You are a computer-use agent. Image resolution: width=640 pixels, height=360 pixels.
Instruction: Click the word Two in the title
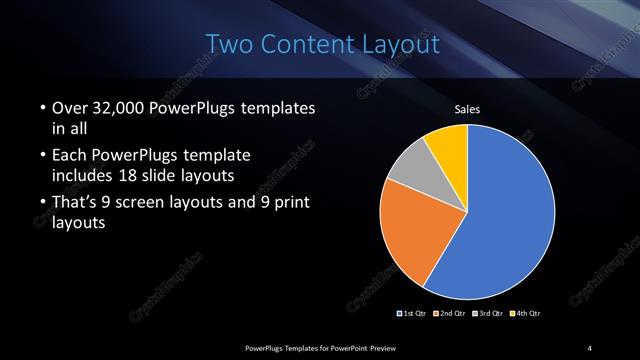tap(229, 44)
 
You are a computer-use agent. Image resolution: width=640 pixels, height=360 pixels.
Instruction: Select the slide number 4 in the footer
tap(590, 347)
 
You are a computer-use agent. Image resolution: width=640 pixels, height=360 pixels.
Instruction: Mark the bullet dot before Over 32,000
tap(41, 108)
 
